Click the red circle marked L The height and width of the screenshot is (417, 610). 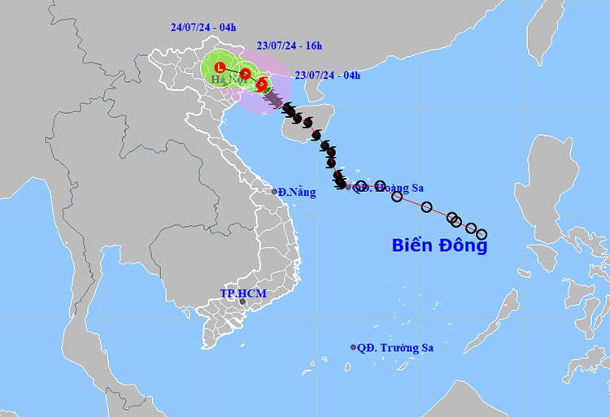click(219, 67)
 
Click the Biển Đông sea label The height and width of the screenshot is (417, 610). click(439, 245)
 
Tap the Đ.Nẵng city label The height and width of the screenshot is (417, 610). click(295, 192)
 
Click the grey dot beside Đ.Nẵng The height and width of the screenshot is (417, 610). click(274, 192)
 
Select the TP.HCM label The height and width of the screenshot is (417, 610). click(242, 292)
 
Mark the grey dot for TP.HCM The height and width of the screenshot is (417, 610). click(242, 302)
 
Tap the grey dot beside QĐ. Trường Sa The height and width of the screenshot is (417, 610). click(353, 347)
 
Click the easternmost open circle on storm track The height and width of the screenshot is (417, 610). click(481, 234)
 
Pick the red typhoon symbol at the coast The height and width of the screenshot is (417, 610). click(261, 85)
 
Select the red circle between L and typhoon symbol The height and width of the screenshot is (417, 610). click(245, 74)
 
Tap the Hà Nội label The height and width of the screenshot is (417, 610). click(226, 79)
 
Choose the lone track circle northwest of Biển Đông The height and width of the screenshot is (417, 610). click(426, 206)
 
